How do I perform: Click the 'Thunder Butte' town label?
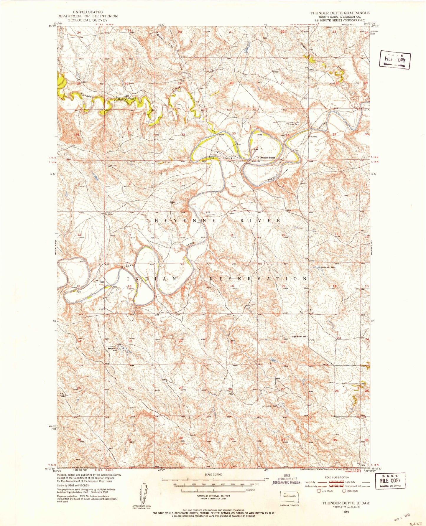267,158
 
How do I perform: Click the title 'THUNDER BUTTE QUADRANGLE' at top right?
340,13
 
